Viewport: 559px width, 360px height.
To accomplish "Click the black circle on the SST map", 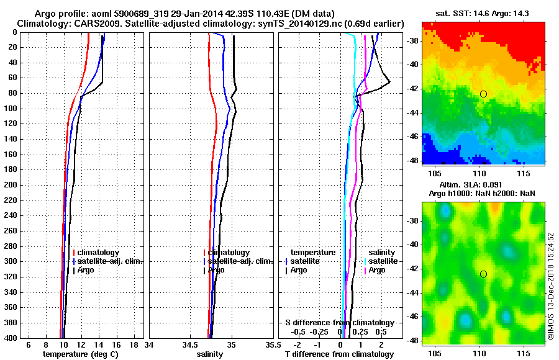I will click(483, 94).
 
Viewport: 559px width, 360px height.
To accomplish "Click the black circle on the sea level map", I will click(483, 274).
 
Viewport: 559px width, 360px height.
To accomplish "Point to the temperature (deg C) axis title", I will click(80, 354).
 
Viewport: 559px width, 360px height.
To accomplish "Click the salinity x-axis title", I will click(211, 354).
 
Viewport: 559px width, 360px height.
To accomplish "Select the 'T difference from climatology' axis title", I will click(339, 354).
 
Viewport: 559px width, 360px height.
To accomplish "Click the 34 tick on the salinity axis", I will click(149, 344).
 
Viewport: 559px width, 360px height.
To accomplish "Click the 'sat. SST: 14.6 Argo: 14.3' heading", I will click(483, 14).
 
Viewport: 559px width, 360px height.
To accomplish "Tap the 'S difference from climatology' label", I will click(339, 323).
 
